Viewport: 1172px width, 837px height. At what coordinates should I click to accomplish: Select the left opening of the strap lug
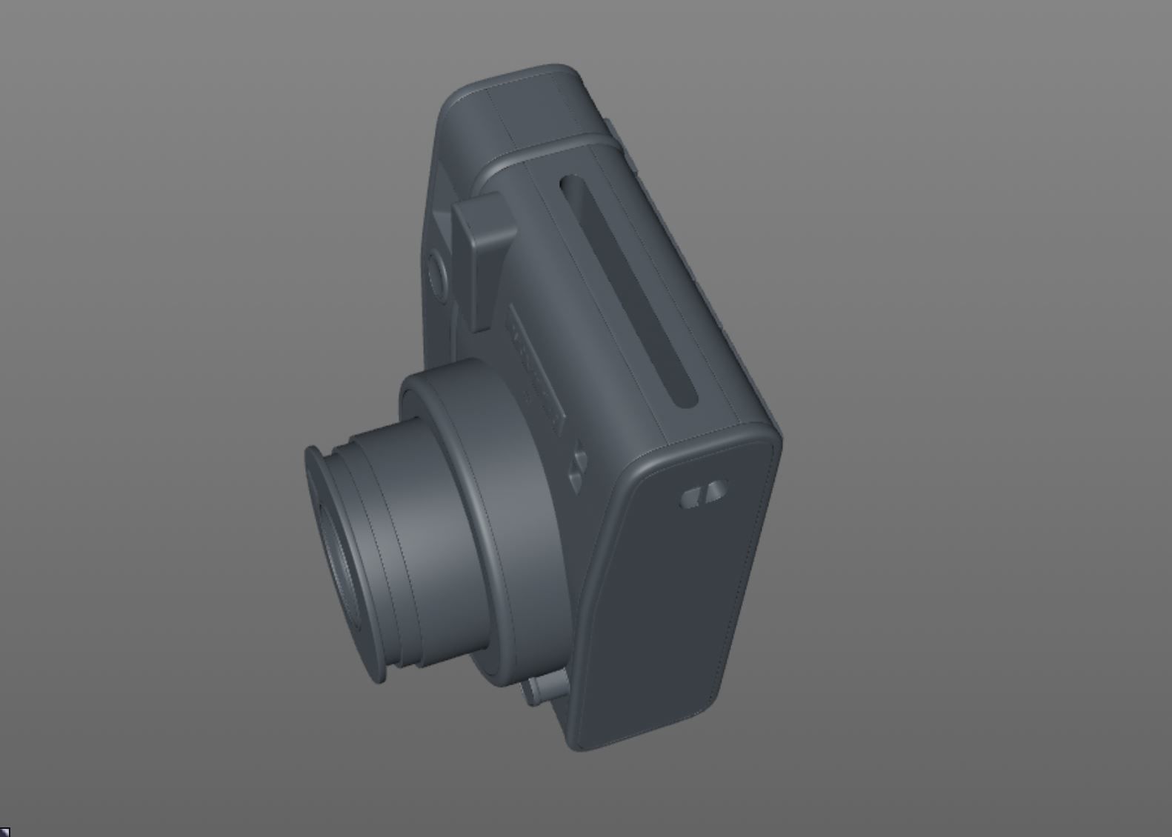(690, 498)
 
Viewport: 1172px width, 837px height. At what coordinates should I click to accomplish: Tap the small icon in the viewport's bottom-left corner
(4, 832)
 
